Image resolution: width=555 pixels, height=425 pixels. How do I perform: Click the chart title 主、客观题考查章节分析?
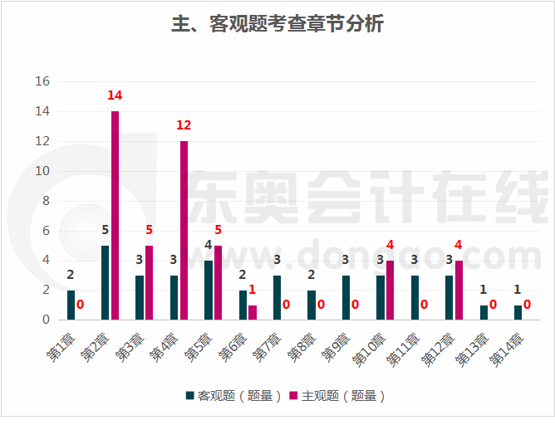click(x=277, y=25)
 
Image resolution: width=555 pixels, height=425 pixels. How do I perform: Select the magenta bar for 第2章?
click(x=115, y=215)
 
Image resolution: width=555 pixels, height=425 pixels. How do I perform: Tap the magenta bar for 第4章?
click(x=184, y=230)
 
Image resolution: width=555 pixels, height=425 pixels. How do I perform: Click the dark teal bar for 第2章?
click(x=106, y=282)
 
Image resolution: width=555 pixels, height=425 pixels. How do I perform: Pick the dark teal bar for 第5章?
click(x=209, y=290)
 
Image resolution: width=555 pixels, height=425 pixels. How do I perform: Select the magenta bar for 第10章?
click(x=390, y=290)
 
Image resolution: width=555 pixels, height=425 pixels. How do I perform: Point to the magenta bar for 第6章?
click(x=253, y=312)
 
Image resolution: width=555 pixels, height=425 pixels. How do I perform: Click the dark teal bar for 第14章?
click(x=518, y=312)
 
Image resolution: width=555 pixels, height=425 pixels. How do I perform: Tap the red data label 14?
click(x=115, y=95)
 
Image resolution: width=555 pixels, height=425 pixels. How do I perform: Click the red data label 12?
click(x=184, y=125)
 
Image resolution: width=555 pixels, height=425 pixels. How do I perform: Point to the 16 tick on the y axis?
click(x=42, y=81)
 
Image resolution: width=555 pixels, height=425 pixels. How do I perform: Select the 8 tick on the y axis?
click(x=46, y=201)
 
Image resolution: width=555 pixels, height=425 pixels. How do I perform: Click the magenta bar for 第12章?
click(x=459, y=290)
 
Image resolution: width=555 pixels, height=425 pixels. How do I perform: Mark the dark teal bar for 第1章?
click(x=71, y=305)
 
